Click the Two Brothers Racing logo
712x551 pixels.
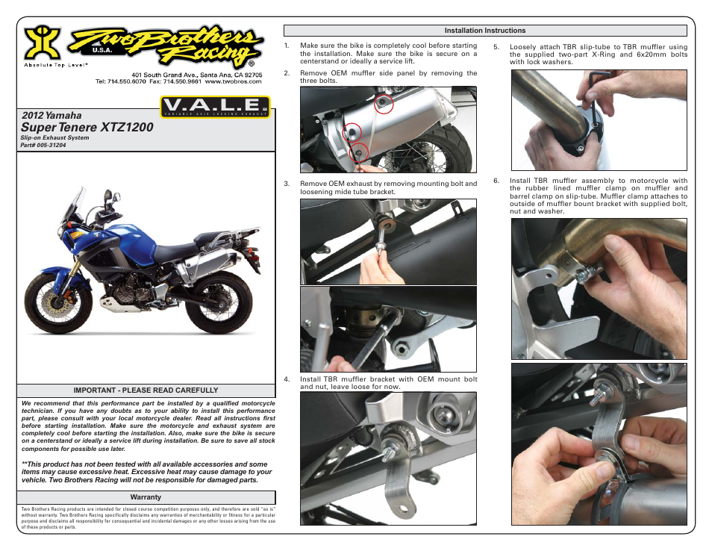coord(168,46)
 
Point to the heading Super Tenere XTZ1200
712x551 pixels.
coord(87,128)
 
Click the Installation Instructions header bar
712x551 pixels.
coord(484,31)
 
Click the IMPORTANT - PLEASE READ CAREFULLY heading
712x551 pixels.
coord(146,390)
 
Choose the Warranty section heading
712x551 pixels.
coord(146,496)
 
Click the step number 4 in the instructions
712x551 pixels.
coord(287,379)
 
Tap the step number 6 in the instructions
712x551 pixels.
coord(496,180)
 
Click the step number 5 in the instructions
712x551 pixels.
coord(496,46)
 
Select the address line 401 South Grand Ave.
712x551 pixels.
coord(197,75)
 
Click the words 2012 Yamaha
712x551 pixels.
coord(51,116)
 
